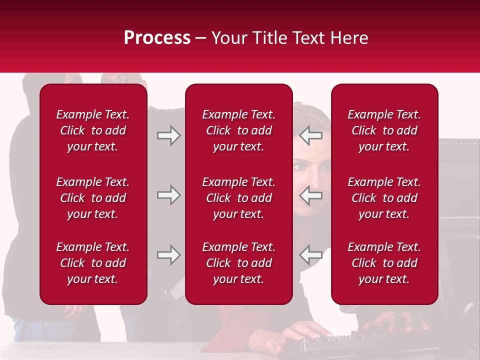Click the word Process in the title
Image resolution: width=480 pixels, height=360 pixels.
tap(157, 38)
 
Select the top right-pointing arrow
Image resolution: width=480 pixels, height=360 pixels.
tap(168, 135)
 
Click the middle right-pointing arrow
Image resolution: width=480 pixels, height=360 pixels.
tap(168, 195)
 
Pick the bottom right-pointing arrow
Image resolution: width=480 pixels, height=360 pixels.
tap(168, 255)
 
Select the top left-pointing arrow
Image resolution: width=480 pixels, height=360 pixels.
tap(311, 135)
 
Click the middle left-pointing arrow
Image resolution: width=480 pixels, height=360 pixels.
tap(311, 195)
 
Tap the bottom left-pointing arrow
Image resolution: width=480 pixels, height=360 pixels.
tap(311, 255)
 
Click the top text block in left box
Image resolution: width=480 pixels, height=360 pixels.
tap(93, 130)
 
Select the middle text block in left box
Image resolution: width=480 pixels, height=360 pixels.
tap(93, 198)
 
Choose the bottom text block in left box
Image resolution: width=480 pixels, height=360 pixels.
tap(93, 263)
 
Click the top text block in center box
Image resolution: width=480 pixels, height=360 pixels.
tap(239, 130)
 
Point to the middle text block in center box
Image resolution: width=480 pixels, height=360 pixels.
tap(239, 198)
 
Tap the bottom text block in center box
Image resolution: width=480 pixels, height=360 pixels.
tap(239, 263)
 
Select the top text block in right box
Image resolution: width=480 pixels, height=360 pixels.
tap(384, 130)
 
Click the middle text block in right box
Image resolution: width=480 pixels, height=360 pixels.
tap(384, 198)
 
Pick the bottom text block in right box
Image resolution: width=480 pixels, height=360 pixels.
tap(384, 263)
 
